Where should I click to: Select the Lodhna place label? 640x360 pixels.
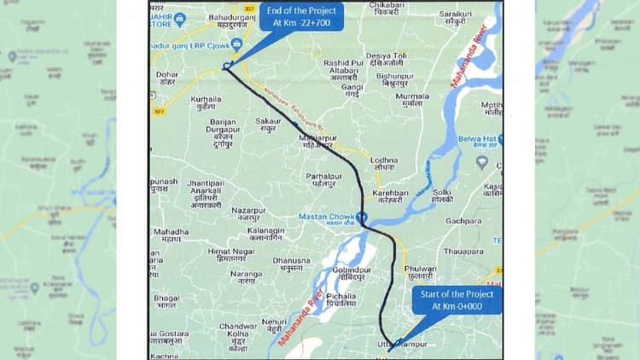[x=384, y=164]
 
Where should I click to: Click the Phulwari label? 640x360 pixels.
[x=421, y=272]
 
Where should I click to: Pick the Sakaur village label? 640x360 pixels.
[x=268, y=125]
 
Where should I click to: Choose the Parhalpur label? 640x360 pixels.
[x=323, y=179]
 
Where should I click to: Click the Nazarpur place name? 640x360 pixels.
[x=248, y=213]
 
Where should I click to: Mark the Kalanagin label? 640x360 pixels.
[x=265, y=234]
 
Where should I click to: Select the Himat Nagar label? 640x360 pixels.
[x=227, y=255]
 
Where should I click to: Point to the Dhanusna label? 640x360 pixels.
[x=291, y=264]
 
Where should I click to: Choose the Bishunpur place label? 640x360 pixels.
[x=394, y=79]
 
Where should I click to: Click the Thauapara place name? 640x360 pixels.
[x=463, y=252]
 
